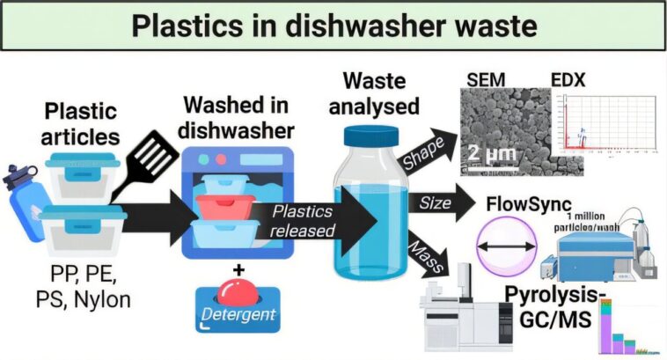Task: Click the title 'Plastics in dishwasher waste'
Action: tap(333, 26)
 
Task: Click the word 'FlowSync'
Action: tap(528, 204)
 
